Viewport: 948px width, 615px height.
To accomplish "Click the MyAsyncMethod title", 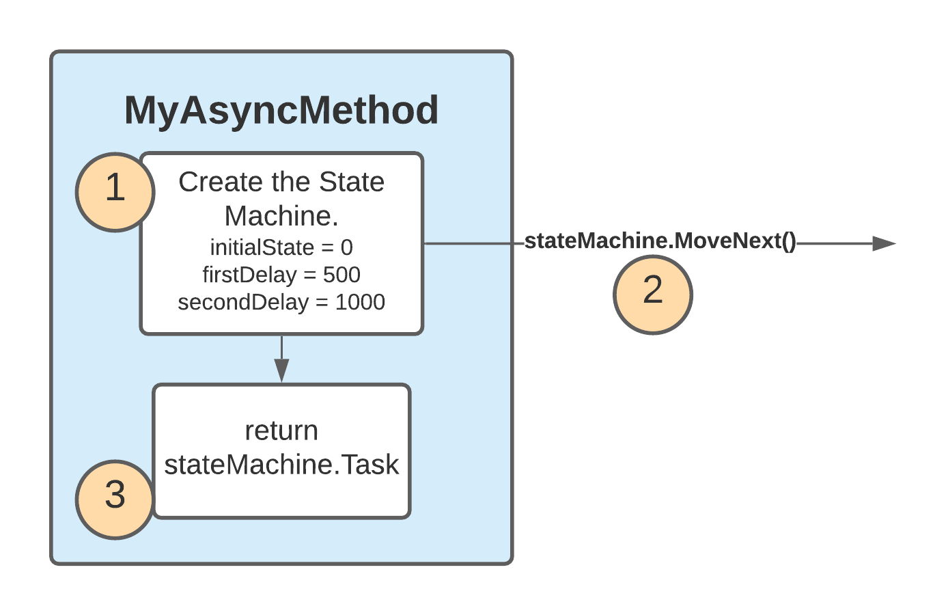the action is tap(281, 111).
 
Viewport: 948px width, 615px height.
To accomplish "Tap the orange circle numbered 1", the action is tap(115, 192).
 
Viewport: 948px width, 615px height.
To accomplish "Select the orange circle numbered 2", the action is tap(653, 295).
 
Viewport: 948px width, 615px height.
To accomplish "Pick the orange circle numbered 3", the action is tap(115, 500).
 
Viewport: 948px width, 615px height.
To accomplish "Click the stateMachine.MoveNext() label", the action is tap(660, 241).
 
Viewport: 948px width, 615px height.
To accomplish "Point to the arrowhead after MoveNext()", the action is tap(884, 243).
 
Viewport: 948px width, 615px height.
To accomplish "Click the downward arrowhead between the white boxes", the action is tap(282, 370).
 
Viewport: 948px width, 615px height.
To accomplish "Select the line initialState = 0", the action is tap(281, 247).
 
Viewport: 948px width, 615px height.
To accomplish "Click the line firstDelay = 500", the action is tap(281, 275).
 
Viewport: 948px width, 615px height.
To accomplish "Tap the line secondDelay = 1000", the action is tap(281, 303).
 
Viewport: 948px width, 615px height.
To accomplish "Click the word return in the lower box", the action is tap(281, 431).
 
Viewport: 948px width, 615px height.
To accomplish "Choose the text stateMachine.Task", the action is tap(281, 465).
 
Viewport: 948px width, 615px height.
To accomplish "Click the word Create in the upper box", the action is tap(221, 182).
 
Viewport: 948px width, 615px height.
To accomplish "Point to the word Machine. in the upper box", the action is tap(281, 217).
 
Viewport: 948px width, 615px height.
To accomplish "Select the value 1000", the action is tap(360, 303).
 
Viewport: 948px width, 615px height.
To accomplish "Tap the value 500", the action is tap(341, 275).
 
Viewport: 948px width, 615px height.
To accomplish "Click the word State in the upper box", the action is tap(352, 182).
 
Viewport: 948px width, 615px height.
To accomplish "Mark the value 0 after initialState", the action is tap(347, 247).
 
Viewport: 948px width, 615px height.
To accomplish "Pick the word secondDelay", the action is tap(243, 303).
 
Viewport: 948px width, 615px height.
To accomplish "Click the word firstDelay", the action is tap(249, 275).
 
